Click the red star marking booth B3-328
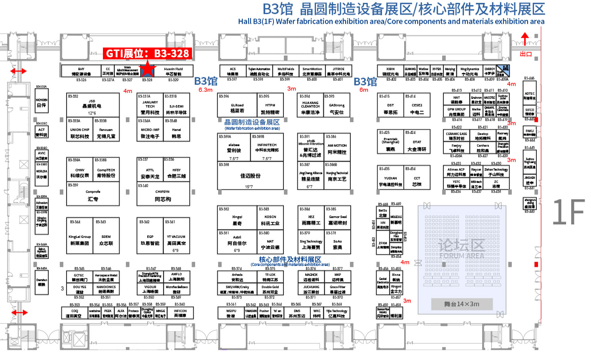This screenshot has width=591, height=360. coord(147,70)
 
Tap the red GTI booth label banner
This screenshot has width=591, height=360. coord(148,53)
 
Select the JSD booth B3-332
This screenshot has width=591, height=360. coord(92,105)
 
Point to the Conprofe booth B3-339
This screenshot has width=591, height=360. coord(93,195)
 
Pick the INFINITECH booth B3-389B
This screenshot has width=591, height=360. coord(267,148)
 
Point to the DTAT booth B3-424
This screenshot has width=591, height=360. coord(417,145)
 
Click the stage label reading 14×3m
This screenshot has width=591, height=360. coord(462,304)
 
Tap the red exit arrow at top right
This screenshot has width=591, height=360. coord(525,40)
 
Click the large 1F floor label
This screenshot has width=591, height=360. coord(568,212)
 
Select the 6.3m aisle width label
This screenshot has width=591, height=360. coord(205,90)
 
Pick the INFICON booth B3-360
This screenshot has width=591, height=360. coord(180,313)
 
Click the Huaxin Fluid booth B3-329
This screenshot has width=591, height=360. coord(173,71)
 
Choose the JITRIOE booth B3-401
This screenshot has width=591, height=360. coord(338,71)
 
